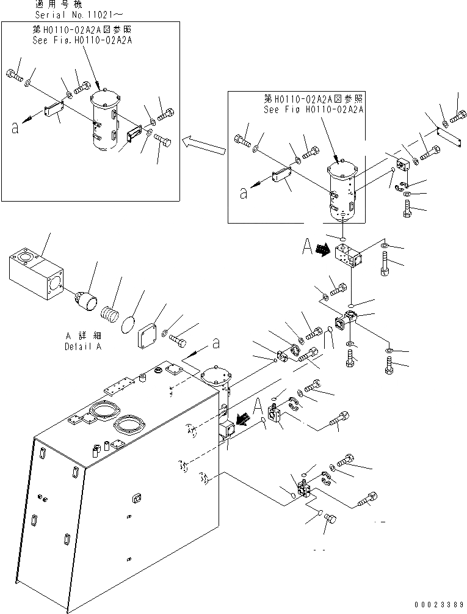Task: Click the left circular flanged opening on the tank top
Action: pos(101,414)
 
